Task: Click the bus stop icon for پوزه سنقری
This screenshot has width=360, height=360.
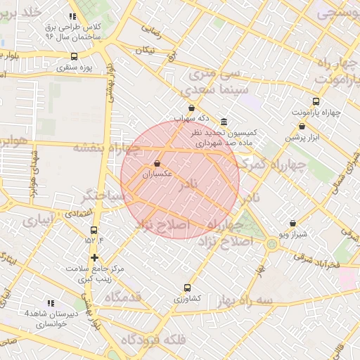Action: tap(74, 56)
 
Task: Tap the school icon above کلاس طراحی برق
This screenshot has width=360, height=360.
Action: tap(72, 15)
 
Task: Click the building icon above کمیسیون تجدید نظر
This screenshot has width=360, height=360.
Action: tap(224, 122)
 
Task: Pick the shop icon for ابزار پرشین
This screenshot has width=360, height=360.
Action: tap(302, 127)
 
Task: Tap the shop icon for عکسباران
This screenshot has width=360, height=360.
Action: tap(156, 163)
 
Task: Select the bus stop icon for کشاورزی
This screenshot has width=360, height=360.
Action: tap(187, 288)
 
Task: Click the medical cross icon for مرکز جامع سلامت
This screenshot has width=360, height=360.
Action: tap(94, 257)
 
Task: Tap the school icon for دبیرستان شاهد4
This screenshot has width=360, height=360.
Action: tap(49, 303)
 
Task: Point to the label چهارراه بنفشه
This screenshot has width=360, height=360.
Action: tap(106, 148)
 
